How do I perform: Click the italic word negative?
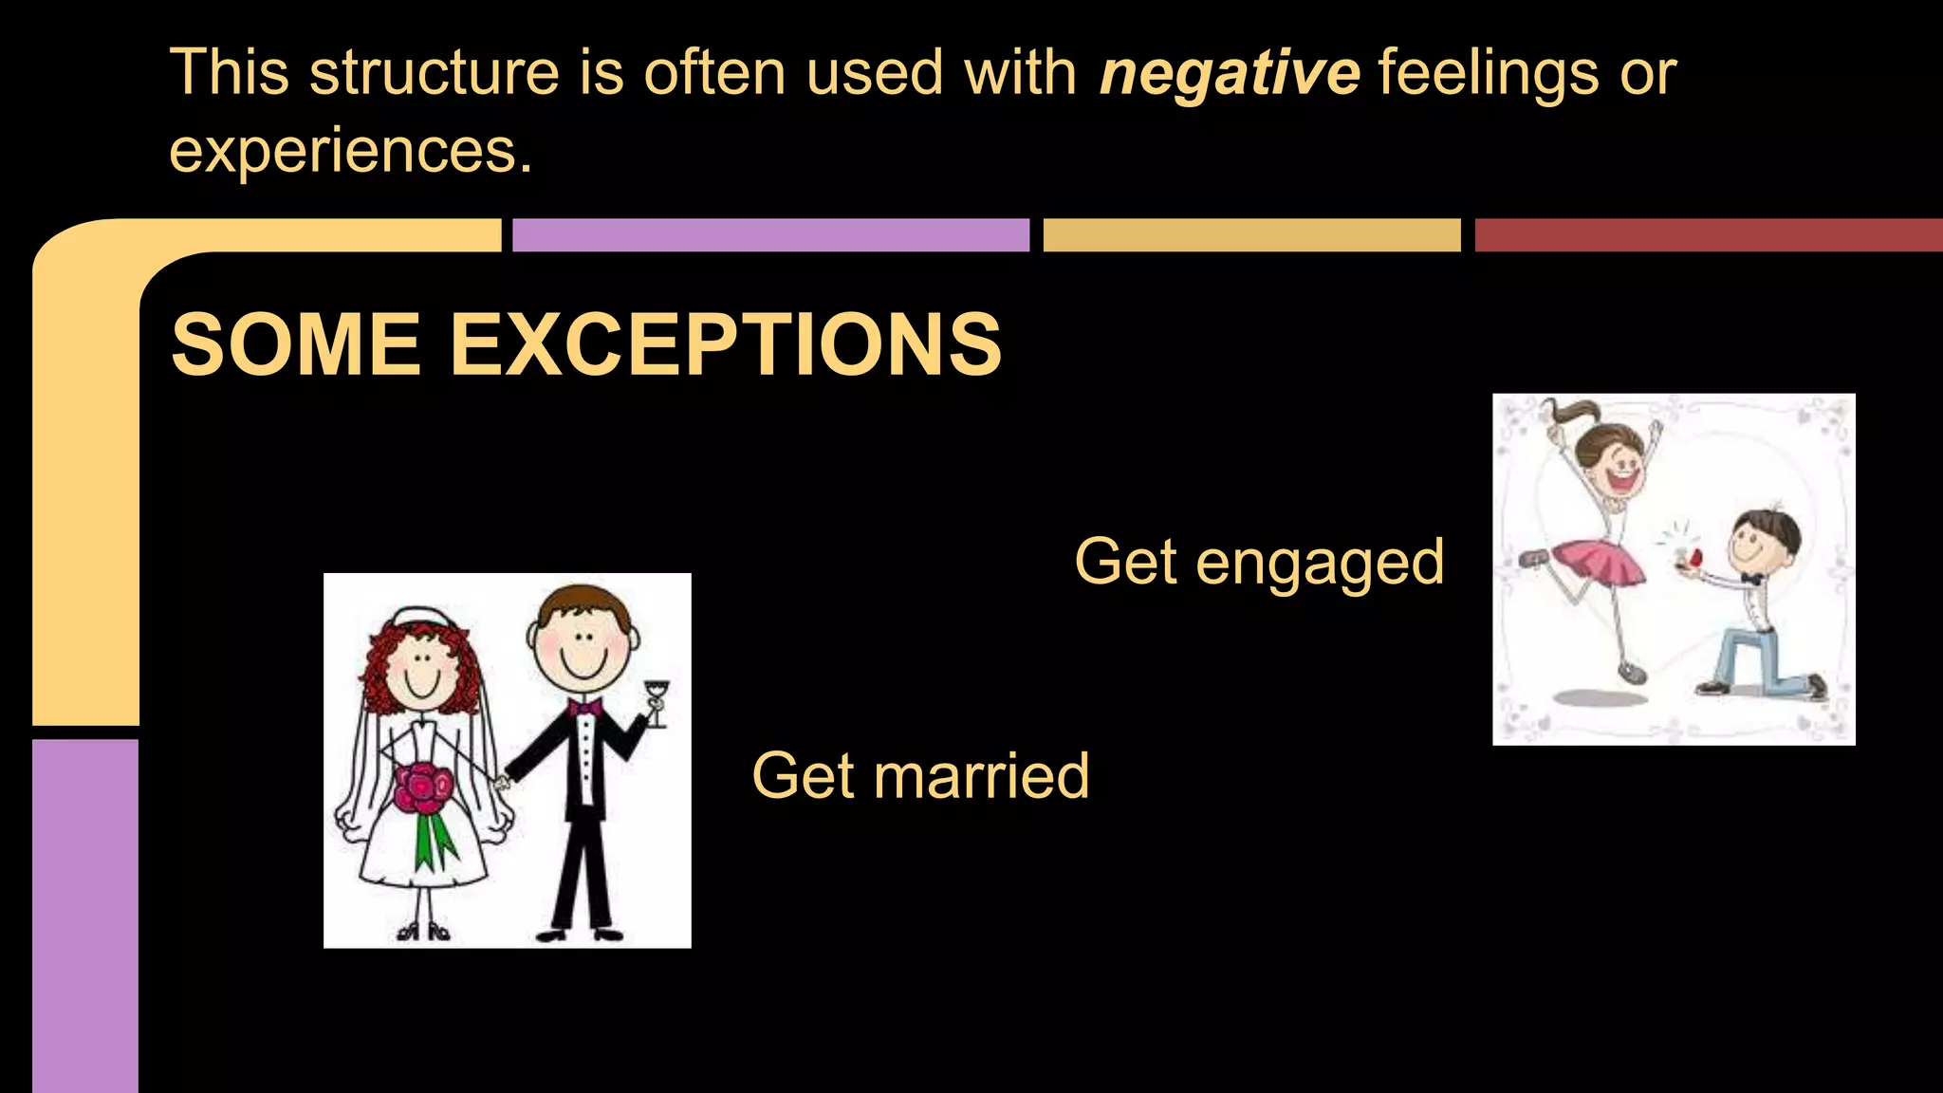tap(1230, 74)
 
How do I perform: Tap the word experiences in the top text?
tap(349, 150)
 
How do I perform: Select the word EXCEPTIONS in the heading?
tap(726, 344)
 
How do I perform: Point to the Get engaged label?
tap(1259, 562)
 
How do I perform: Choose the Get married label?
tap(920, 776)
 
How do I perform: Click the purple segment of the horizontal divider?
tap(770, 235)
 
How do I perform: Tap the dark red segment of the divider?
tap(1708, 235)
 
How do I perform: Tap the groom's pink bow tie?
tap(584, 707)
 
